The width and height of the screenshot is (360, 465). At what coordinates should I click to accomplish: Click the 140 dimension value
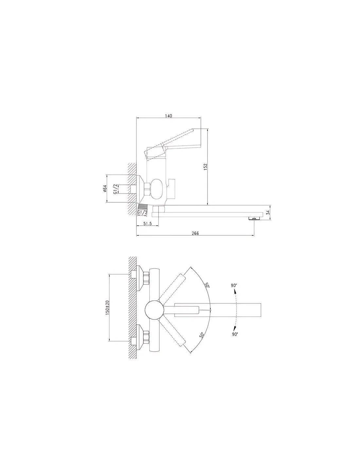point(169,116)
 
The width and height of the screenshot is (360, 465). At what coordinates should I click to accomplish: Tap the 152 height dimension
point(206,167)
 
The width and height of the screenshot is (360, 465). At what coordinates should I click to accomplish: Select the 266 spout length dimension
point(195,233)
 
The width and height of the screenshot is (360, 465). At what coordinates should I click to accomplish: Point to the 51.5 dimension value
point(147,223)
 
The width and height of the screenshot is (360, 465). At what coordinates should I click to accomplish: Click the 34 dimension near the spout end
point(268,213)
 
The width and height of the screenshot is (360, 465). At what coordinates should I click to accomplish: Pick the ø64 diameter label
point(105,188)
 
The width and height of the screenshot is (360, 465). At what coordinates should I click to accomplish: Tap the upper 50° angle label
point(207,285)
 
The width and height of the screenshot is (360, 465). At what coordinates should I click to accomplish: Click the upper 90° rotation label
point(234,285)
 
